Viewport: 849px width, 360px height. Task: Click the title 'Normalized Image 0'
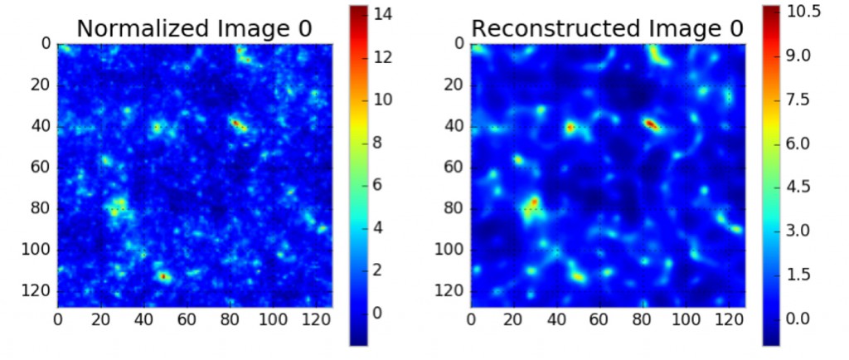[194, 27]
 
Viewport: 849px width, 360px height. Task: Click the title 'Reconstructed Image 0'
[608, 27]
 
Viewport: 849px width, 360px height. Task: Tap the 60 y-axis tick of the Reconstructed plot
[453, 168]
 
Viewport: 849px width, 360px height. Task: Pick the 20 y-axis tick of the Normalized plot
[39, 85]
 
